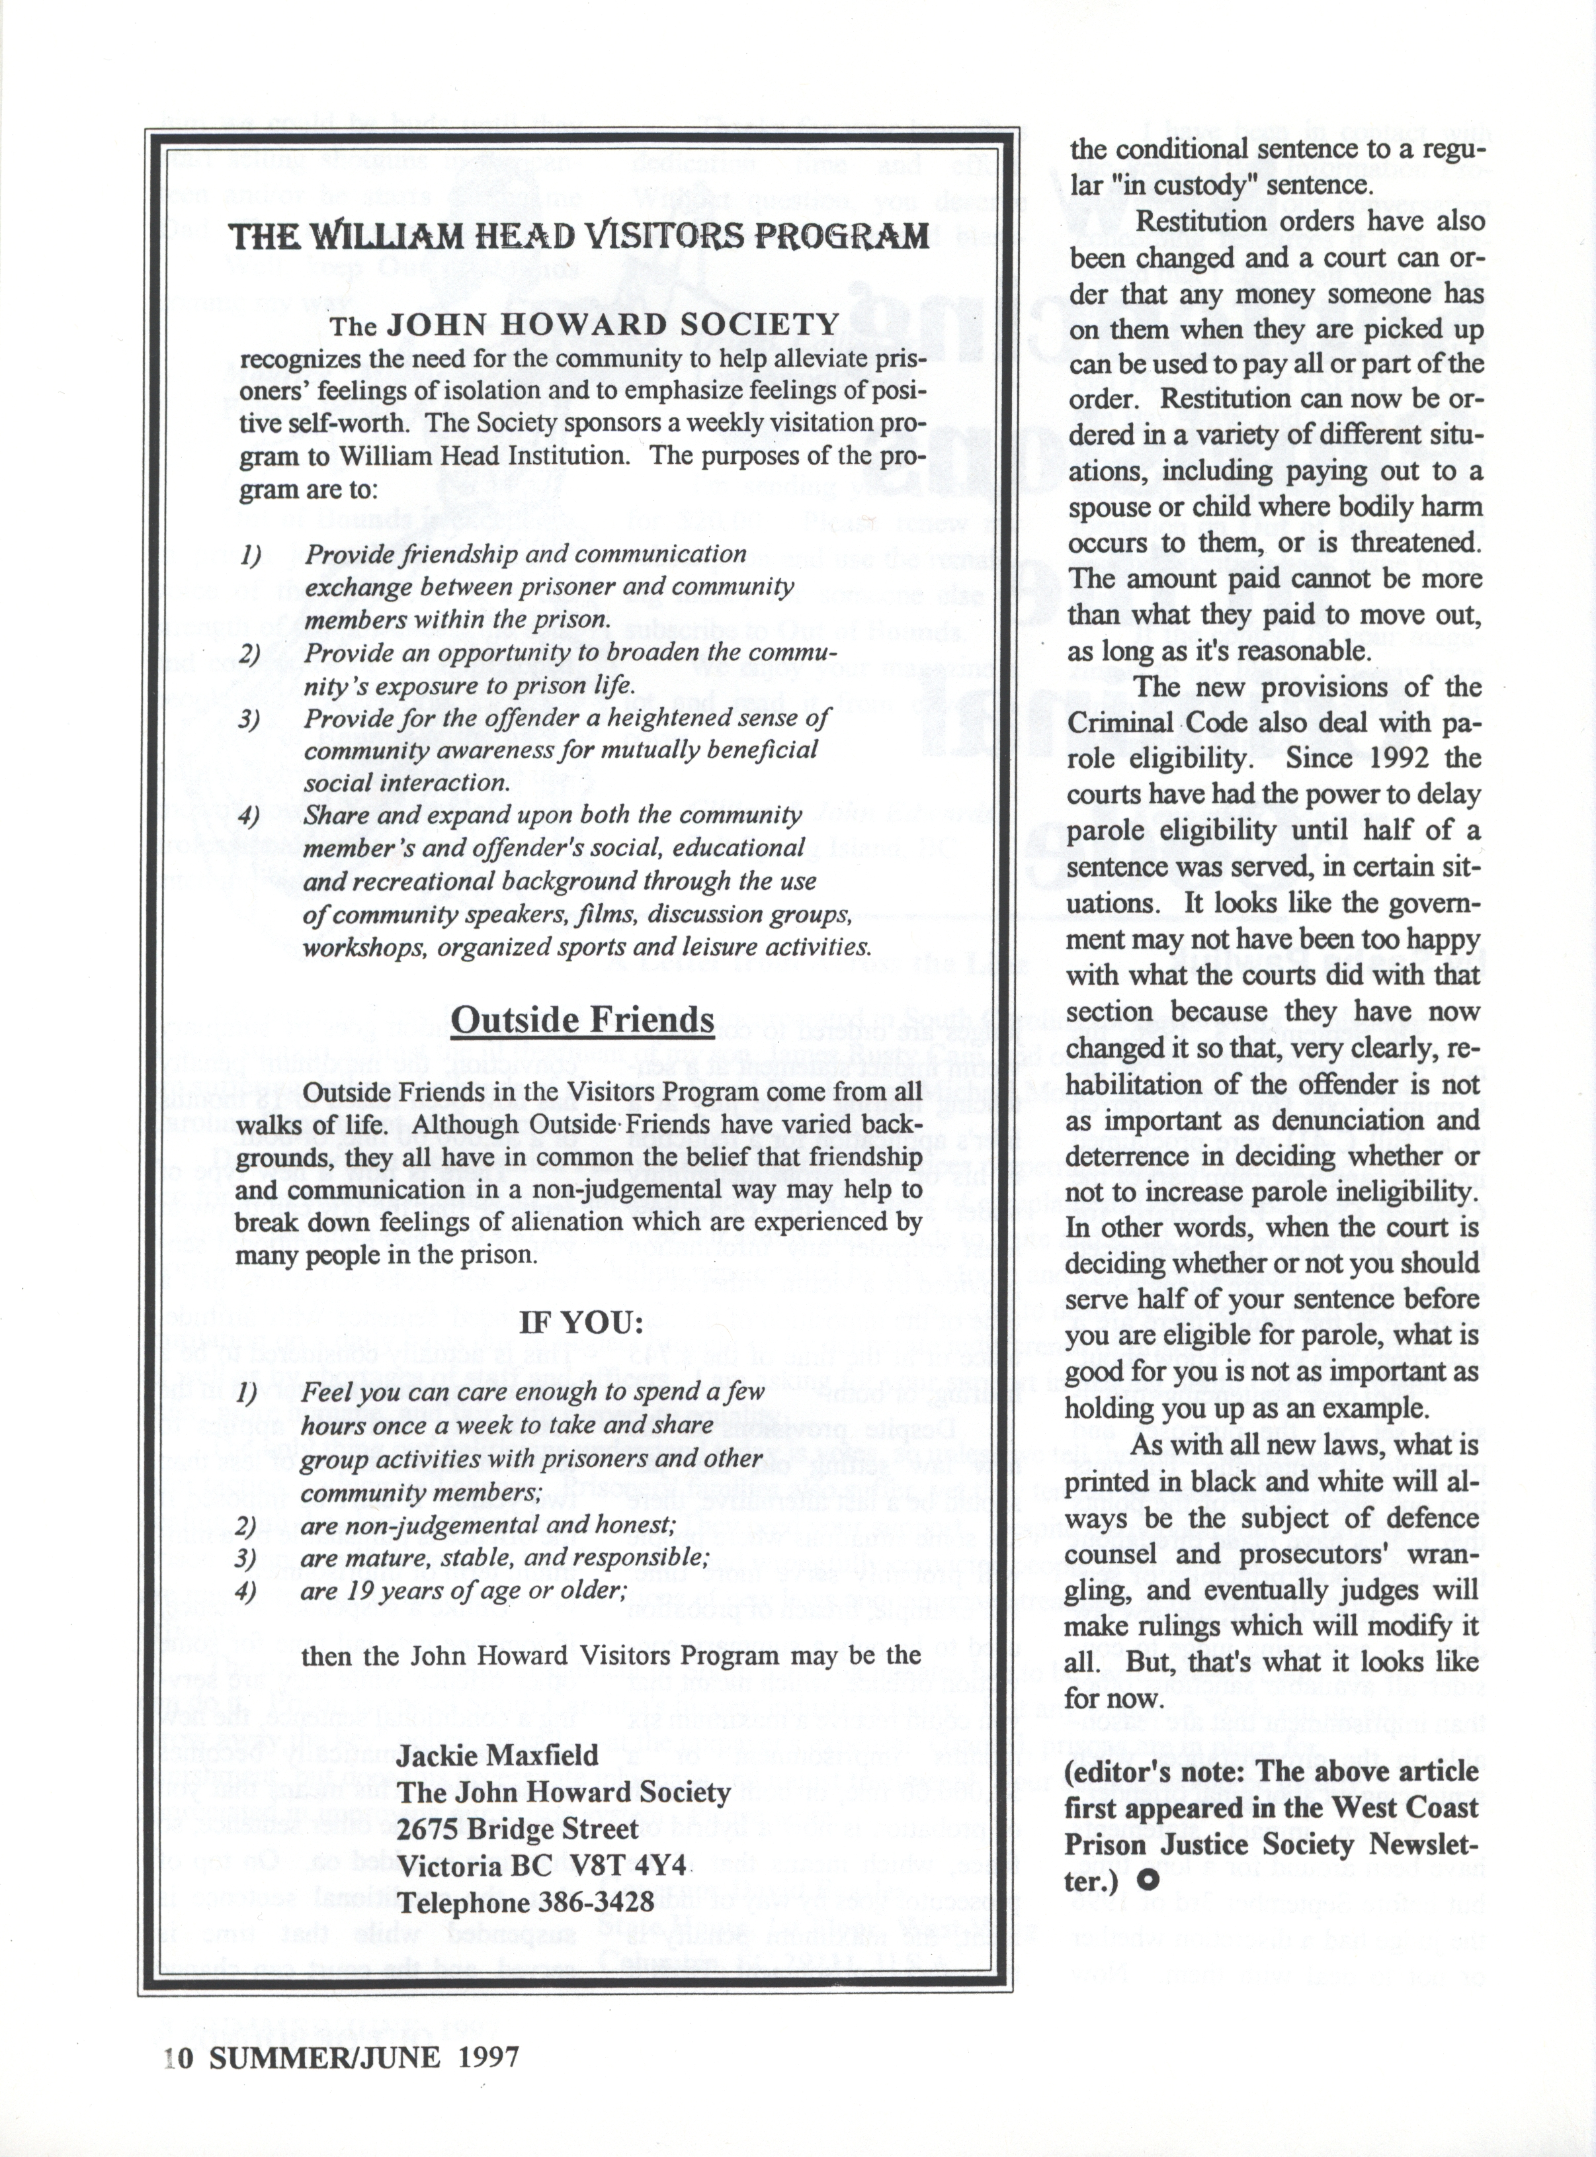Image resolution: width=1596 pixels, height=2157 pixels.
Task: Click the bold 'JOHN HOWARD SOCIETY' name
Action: (612, 325)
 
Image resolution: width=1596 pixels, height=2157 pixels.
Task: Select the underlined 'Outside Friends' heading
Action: (583, 1020)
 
